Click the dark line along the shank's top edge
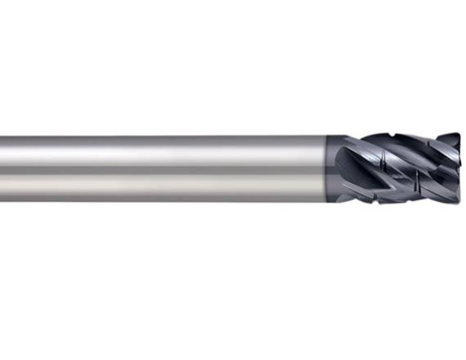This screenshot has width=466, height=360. pos(164,137)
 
